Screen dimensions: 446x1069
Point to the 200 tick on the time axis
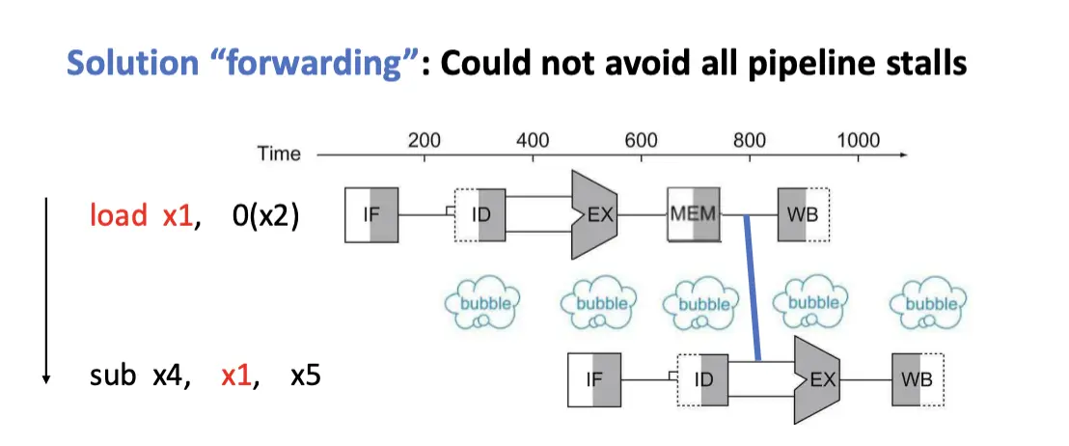(425, 140)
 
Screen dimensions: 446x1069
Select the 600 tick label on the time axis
(641, 140)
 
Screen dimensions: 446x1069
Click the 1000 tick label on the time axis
(858, 140)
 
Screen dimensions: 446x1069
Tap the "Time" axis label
(279, 153)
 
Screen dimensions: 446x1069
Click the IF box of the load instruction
(371, 215)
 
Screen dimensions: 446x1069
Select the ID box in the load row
(480, 215)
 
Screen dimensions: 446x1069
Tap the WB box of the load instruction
(805, 214)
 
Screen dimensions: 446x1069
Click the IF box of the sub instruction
(595, 378)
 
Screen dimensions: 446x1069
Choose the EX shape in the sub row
(818, 378)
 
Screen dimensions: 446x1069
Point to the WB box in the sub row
(916, 378)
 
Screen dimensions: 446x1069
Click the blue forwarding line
(753, 290)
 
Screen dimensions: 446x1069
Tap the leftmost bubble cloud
(481, 302)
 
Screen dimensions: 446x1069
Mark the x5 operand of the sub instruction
(305, 375)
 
